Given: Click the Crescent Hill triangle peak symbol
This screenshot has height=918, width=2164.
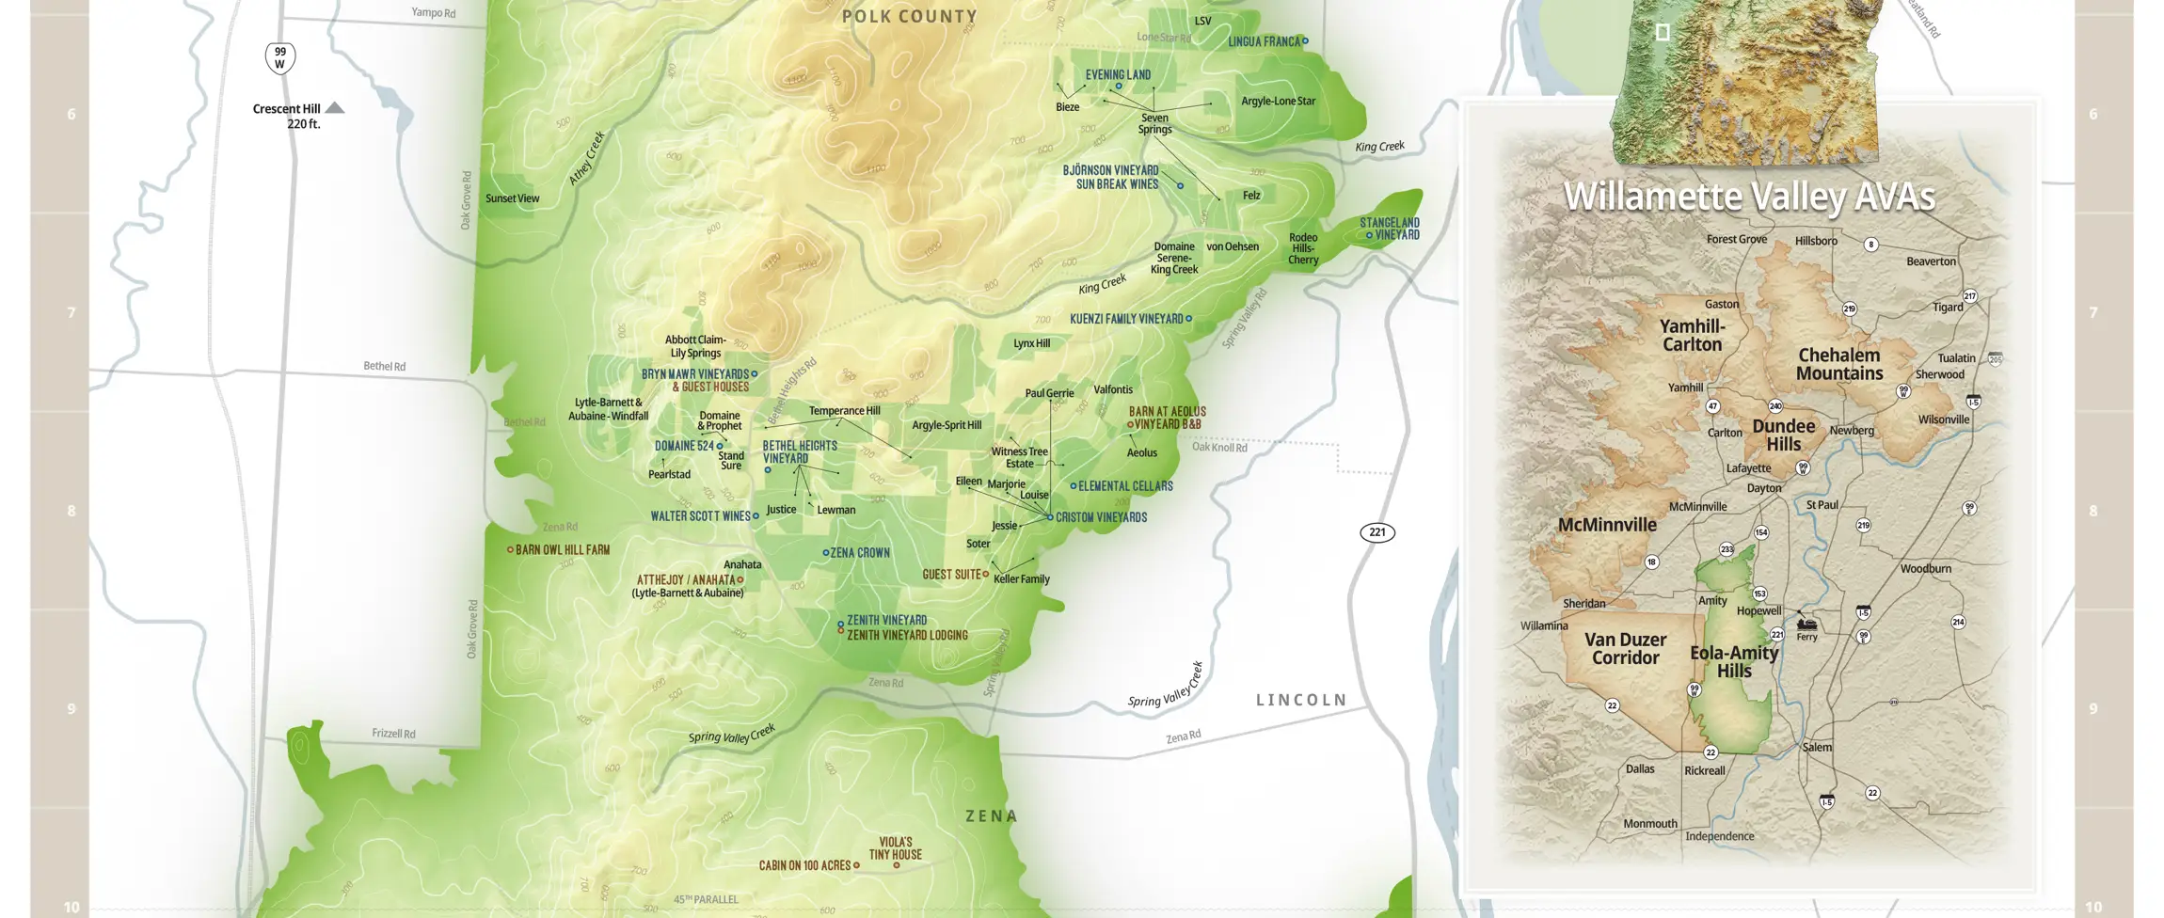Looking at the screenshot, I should click(334, 108).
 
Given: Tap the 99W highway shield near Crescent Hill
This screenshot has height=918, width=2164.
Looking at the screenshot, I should click(279, 58).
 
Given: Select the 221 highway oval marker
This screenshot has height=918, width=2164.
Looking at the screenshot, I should click(1377, 532).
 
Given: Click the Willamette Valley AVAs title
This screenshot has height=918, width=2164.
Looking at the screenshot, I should click(1748, 197).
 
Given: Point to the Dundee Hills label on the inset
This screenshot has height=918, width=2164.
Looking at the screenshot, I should click(1783, 435).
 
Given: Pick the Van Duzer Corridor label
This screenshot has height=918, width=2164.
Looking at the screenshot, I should click(1625, 648).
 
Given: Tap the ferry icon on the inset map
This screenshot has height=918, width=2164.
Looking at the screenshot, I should click(1806, 624).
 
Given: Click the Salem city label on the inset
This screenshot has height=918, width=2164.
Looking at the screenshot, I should click(1817, 747).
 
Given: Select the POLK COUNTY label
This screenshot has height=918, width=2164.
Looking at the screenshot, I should click(909, 16).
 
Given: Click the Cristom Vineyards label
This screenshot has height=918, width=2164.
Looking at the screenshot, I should click(1101, 517).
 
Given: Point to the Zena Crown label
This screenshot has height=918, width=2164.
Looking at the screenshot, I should click(859, 553).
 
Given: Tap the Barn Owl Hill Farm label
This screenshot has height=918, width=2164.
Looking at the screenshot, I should click(562, 549).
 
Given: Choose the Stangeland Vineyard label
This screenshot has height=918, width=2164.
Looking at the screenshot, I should click(1392, 229).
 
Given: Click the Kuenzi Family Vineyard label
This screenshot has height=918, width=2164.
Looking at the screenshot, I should click(1126, 319).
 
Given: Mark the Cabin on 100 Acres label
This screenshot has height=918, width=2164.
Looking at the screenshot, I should click(804, 865).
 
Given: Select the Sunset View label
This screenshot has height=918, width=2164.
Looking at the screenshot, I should click(512, 198).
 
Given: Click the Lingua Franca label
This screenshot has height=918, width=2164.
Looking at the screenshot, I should click(1264, 41).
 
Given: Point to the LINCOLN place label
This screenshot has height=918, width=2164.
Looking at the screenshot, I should click(1301, 700).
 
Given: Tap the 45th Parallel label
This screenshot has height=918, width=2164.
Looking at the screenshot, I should click(706, 899).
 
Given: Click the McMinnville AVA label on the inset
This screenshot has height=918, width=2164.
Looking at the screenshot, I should click(1607, 525).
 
